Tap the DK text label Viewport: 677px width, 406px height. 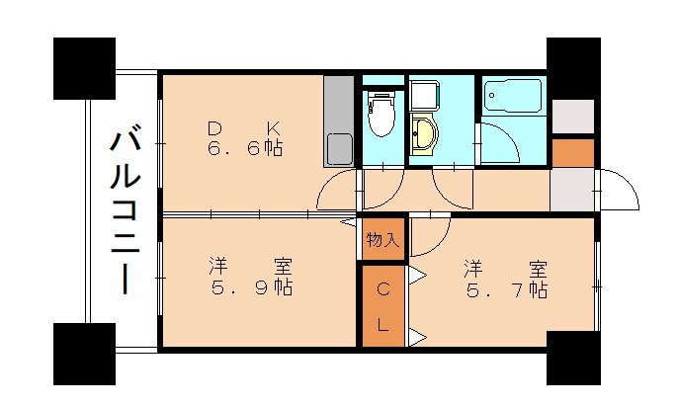click(244, 127)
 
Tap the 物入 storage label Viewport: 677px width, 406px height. click(382, 239)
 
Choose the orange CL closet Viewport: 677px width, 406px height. click(382, 307)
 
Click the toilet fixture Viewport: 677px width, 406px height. click(380, 117)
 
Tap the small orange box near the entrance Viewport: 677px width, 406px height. click(573, 153)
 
